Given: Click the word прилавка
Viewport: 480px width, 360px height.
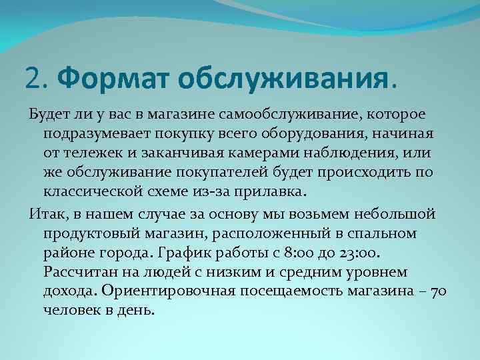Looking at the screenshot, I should point(272,191).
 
